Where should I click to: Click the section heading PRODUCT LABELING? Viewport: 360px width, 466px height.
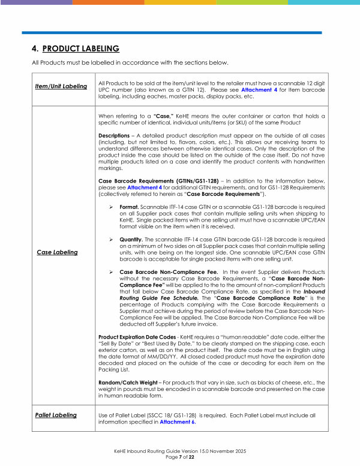(x=81, y=48)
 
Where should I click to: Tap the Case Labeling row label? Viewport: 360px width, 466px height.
(x=58, y=252)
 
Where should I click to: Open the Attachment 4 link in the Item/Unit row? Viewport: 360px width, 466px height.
(x=256, y=89)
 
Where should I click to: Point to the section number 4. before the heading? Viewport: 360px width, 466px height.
(x=35, y=48)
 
